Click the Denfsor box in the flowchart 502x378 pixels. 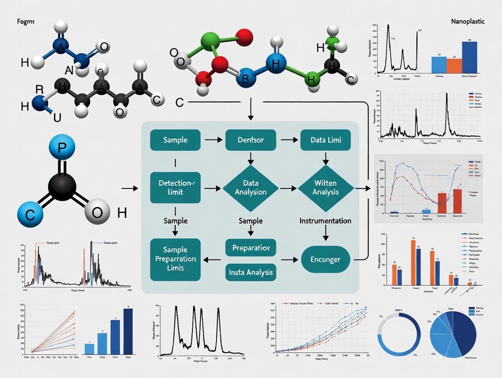pyautogui.click(x=251, y=139)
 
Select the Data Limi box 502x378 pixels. pyautogui.click(x=326, y=139)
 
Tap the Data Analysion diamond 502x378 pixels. pyautogui.click(x=251, y=188)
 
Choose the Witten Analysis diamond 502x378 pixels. pyautogui.click(x=326, y=188)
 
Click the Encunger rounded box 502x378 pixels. pyautogui.click(x=326, y=260)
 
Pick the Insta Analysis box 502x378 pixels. pyautogui.click(x=251, y=272)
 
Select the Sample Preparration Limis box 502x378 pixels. pyautogui.click(x=175, y=259)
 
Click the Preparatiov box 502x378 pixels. pyautogui.click(x=251, y=249)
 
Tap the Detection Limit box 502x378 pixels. pyautogui.click(x=175, y=188)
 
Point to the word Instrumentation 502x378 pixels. pyautogui.click(x=325, y=221)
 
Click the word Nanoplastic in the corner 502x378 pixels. pyautogui.click(x=467, y=21)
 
